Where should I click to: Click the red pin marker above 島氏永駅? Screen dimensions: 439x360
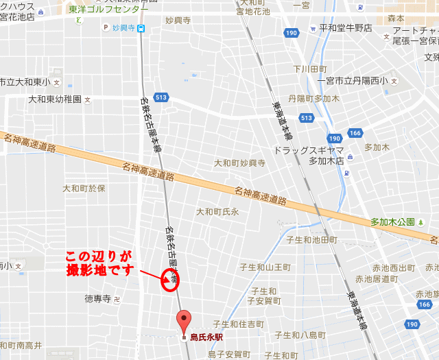(183, 320)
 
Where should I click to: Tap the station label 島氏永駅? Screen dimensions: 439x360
(206, 337)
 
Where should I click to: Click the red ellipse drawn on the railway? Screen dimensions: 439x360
(169, 280)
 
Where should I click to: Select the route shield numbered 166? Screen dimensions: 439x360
(355, 133)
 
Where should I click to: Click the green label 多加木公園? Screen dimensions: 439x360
(392, 221)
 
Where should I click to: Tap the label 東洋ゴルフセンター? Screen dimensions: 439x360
(108, 10)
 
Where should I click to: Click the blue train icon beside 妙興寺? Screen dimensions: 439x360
(141, 28)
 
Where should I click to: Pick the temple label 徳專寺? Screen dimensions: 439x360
(97, 299)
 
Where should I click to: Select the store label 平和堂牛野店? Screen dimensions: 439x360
(346, 28)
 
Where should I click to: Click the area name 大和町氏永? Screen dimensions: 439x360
(217, 212)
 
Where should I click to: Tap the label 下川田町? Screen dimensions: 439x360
(310, 69)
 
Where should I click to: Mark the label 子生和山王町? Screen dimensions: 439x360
(269, 267)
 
